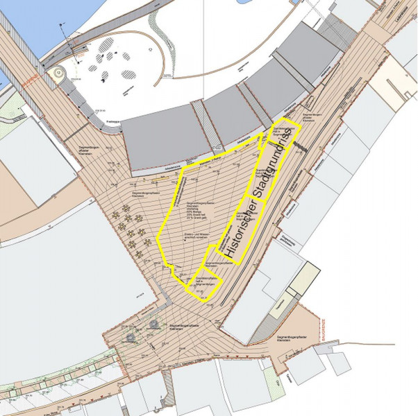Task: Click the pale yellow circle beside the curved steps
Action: [x=58, y=71]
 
